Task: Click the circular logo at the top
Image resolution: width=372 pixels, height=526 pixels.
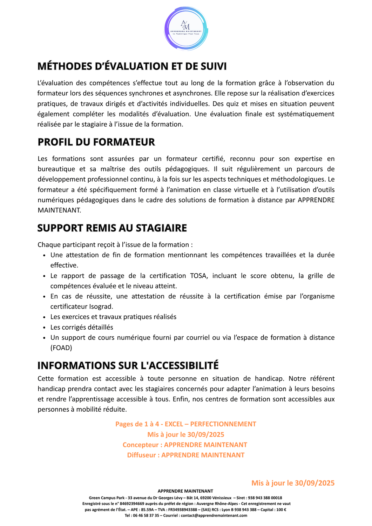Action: point(186,29)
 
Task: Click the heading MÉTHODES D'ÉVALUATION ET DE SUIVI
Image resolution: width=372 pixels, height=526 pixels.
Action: point(132,66)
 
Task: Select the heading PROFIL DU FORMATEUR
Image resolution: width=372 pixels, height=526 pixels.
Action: point(96,142)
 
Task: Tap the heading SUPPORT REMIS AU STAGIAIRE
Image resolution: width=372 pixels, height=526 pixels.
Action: point(112,228)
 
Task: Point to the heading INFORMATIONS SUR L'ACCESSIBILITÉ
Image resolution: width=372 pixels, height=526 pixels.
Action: point(128,365)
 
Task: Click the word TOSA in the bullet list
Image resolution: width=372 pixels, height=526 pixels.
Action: point(198,276)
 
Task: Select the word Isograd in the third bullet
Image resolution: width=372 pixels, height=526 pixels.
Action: point(101,306)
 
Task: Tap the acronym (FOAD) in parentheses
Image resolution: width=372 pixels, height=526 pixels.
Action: point(61,348)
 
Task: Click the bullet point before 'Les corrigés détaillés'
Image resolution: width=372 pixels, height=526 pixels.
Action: point(44,328)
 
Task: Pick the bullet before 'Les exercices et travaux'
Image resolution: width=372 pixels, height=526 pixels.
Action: point(44,317)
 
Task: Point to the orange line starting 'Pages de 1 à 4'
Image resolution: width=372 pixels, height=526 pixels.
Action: point(186,424)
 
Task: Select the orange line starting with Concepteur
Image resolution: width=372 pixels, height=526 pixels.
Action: point(185,445)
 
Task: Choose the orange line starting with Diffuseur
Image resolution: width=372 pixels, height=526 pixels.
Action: point(186,455)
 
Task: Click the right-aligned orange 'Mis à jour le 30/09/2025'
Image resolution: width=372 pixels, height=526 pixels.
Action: point(293,483)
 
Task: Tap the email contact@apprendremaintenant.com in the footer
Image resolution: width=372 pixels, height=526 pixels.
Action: point(214,515)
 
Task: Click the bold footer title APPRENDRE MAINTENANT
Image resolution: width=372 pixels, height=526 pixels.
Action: point(185,491)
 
